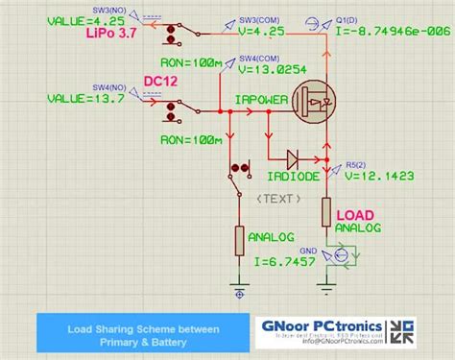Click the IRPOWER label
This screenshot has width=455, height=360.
(262, 98)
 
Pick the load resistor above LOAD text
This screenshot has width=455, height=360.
(327, 212)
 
